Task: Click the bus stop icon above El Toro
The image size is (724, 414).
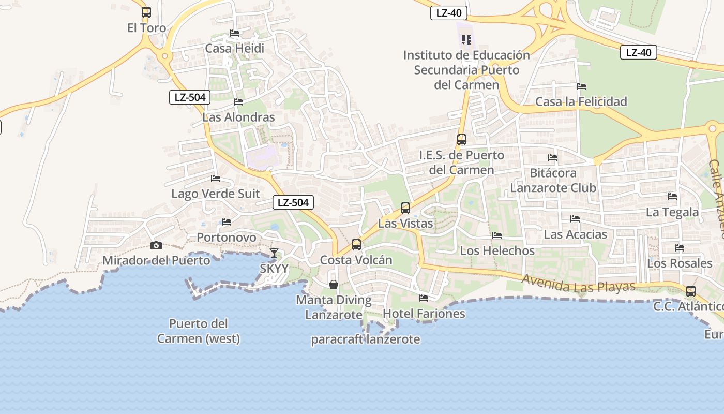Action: coord(146,12)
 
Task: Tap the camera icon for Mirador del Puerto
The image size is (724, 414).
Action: coord(156,245)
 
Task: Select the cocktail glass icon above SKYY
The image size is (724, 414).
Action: coord(274,253)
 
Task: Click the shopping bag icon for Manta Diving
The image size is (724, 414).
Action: coord(334,285)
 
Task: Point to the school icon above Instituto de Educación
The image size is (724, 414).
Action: coord(466,40)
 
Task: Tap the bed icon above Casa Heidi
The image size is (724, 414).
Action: coord(234,33)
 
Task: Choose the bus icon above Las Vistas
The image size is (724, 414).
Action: coord(405,208)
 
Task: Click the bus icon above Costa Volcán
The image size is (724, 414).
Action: coord(356,245)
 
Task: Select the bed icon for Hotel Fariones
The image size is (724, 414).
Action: coord(424,298)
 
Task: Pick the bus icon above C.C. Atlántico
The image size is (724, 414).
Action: coord(691,291)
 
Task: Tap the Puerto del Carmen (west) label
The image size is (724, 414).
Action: coord(199,331)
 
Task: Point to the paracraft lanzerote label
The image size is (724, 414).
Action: coord(366,339)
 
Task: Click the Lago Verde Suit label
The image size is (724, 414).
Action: coord(216,194)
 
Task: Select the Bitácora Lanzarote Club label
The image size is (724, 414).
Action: coord(553,180)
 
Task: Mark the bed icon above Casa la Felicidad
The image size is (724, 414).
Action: coord(581,86)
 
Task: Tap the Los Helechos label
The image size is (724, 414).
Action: coord(497,250)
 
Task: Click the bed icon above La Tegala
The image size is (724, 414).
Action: coord(672,197)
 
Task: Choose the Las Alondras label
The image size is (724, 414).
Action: coord(238,117)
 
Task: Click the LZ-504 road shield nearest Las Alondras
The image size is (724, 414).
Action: coord(190,97)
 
